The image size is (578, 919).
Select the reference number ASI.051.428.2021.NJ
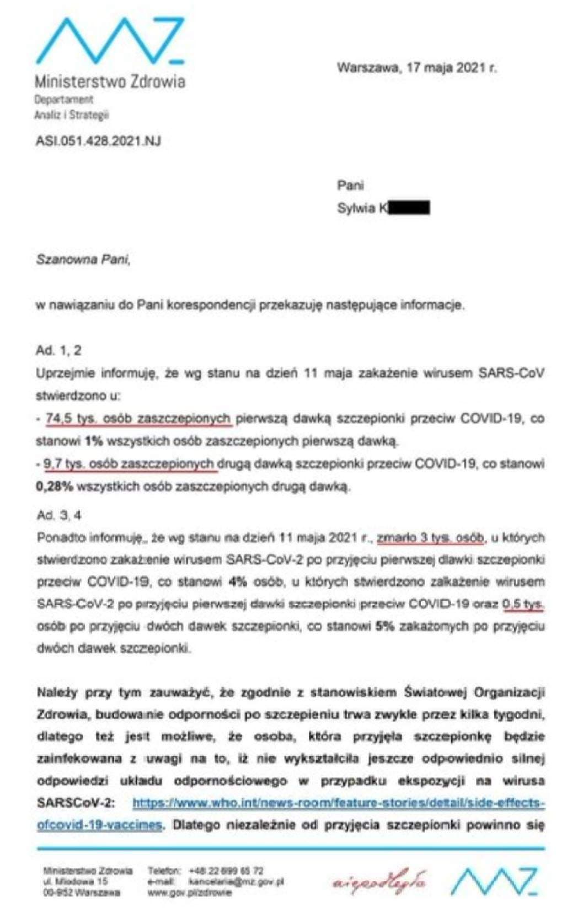(x=98, y=141)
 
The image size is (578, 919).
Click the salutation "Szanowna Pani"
(x=83, y=259)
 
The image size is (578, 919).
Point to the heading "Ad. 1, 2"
(x=58, y=350)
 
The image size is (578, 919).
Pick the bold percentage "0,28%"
(x=55, y=486)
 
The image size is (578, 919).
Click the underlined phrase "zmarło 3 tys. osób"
(x=430, y=537)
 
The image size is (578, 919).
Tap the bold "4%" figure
(x=238, y=582)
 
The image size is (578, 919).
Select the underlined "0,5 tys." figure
(x=523, y=604)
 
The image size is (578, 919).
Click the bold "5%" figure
(x=384, y=626)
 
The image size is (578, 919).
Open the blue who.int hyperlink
(x=338, y=803)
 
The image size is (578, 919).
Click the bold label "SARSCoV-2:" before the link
(x=76, y=803)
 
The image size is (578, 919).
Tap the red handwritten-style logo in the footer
(x=378, y=882)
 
